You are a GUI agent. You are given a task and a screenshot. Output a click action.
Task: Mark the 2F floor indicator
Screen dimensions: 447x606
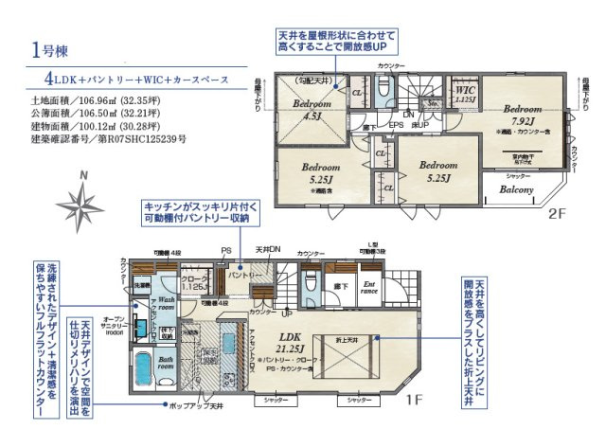556,214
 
